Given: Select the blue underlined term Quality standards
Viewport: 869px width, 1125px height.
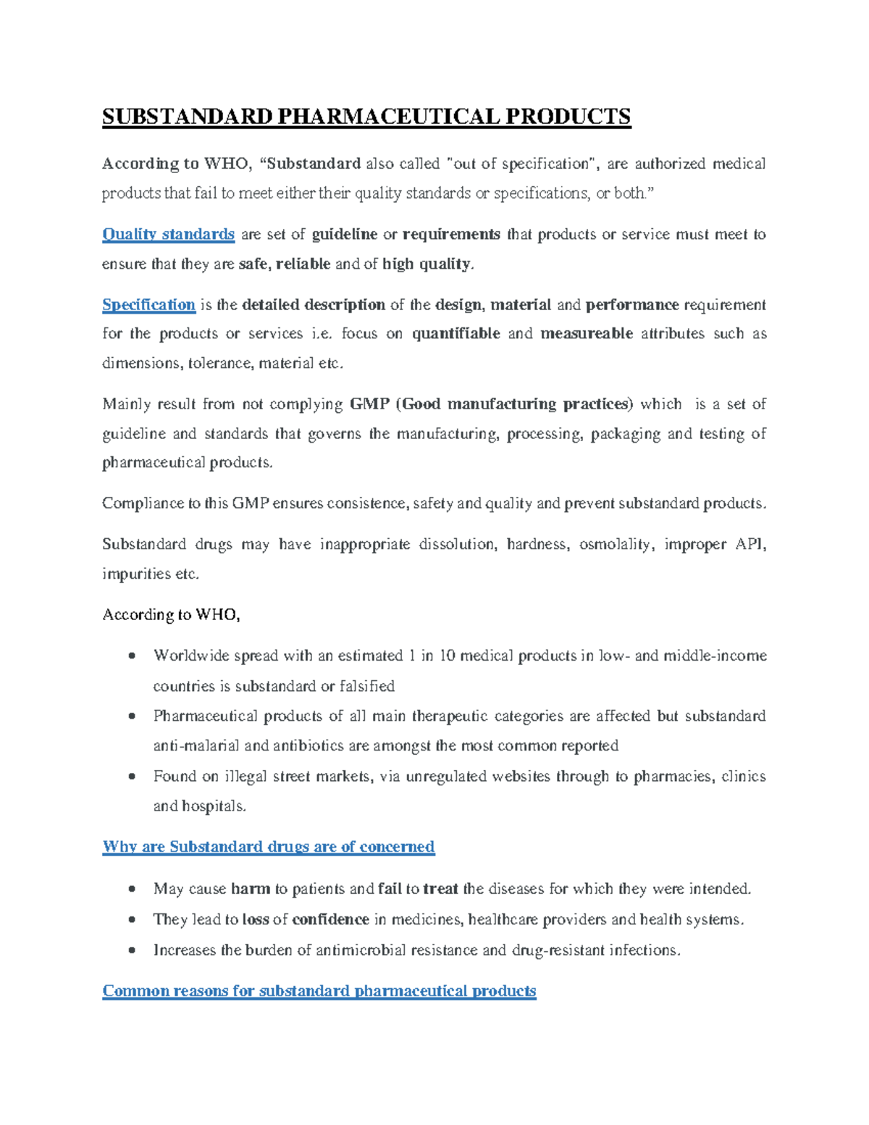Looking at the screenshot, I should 168,235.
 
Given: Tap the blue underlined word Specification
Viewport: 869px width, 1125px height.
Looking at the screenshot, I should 148,305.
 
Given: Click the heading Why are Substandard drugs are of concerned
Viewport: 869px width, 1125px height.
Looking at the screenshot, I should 269,847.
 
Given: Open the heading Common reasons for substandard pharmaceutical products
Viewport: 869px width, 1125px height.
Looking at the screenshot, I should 319,991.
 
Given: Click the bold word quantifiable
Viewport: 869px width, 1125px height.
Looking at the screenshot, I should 456,334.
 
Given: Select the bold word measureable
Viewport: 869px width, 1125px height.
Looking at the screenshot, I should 587,334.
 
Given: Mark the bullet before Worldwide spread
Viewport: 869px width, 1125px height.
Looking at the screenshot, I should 132,656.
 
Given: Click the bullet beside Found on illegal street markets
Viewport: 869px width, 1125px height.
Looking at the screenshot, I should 132,777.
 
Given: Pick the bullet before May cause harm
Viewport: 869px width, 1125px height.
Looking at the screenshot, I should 132,889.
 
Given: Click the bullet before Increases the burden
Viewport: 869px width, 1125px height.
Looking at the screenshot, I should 132,950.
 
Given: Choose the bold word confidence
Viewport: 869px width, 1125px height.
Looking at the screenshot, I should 330,920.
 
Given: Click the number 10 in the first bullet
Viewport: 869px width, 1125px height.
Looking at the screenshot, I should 447,656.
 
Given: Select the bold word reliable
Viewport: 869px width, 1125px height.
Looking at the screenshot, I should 303,264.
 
